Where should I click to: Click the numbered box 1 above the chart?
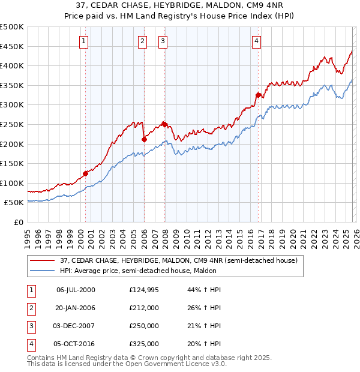83,41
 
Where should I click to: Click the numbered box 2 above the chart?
142,41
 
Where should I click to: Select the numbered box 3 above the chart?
163,41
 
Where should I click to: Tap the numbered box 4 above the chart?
256,41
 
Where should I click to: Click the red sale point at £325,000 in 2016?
258,95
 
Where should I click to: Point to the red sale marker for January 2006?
144,139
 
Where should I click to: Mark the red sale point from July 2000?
85,173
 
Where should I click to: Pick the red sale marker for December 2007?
164,124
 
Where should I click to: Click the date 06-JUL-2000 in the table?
76,290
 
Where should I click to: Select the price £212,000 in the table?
144,307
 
